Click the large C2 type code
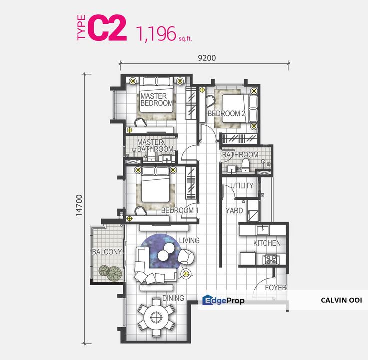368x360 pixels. [106, 29]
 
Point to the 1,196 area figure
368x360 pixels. [156, 33]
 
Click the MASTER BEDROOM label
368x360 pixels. [156, 100]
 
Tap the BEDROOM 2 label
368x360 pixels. [226, 114]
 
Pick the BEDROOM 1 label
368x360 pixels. [180, 211]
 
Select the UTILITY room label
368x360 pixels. [241, 186]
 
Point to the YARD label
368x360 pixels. [234, 211]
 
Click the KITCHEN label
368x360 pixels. [267, 243]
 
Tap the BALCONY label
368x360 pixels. [107, 252]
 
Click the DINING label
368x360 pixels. [173, 298]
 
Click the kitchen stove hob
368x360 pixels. [271, 260]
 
